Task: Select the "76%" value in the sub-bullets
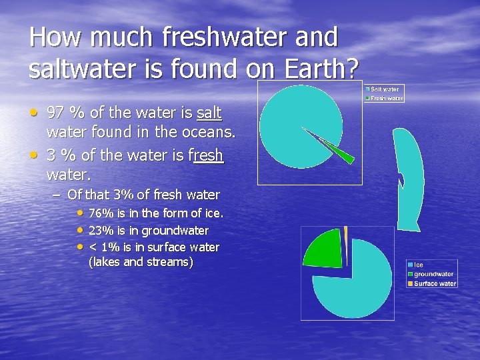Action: point(101,213)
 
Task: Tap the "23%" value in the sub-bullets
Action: point(101,231)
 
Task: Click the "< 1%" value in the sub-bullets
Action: point(101,247)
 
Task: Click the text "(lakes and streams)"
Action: point(141,262)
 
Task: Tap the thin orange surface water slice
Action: point(346,235)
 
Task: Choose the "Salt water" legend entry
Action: point(383,89)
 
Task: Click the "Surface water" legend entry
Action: point(435,283)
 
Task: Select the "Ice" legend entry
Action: point(419,265)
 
